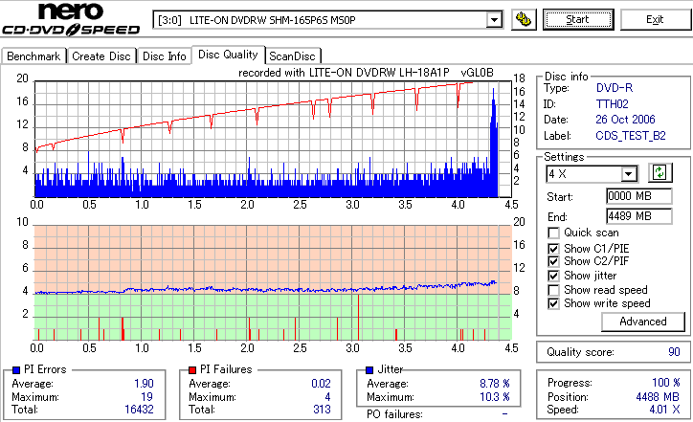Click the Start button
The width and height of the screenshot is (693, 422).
coord(578,19)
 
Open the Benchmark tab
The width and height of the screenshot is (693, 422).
coord(34,56)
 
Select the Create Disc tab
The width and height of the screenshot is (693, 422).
coord(101,56)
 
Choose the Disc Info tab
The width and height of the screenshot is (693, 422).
coord(165,56)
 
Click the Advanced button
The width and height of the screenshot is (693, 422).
coord(642,322)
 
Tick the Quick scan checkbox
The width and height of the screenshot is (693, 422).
coord(554,233)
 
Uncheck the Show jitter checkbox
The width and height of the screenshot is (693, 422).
coord(554,276)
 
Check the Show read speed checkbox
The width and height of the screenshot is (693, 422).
coord(554,290)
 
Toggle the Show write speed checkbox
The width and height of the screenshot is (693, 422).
coord(554,304)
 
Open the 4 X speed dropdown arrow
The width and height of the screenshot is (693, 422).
coord(629,174)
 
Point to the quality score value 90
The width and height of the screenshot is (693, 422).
coord(674,352)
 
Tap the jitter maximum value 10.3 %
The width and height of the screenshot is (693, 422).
coord(494,397)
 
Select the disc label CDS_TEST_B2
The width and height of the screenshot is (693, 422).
coord(630,136)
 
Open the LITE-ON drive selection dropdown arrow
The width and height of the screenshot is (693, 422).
coord(494,19)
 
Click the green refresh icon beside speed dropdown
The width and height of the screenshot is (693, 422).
coord(659,173)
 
